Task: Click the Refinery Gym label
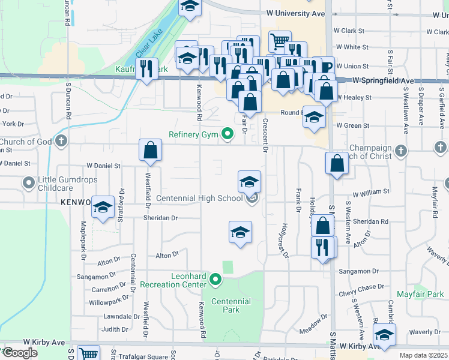click(193, 135)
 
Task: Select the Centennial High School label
click(199, 198)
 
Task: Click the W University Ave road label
click(295, 13)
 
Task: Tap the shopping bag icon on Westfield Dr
click(150, 150)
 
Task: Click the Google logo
click(20, 353)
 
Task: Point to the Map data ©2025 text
click(424, 355)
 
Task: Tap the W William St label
click(371, 193)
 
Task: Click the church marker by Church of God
click(60, 142)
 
